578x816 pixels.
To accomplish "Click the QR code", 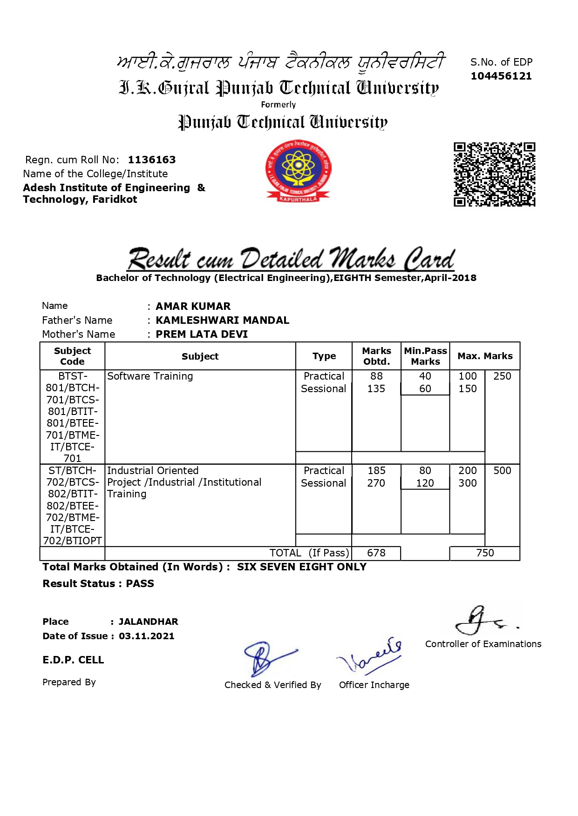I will tap(494, 174).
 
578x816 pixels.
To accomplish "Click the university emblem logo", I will tap(298, 171).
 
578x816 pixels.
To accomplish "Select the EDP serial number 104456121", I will tap(501, 76).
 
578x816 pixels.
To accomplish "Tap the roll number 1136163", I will tap(152, 160).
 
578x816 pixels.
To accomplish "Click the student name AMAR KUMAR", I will tap(193, 306).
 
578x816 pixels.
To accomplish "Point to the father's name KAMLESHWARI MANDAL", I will tap(222, 320).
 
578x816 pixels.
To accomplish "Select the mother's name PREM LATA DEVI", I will tap(202, 334).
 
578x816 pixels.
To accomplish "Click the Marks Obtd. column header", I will tap(376, 356).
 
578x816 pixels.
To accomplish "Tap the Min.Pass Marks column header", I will tap(425, 356).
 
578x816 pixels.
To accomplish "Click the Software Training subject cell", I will tap(150, 376).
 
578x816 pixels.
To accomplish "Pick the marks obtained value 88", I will tap(376, 376).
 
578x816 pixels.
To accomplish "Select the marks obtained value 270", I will tap(376, 483).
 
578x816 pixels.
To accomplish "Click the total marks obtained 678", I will tap(376, 553).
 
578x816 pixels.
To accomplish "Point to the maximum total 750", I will tap(485, 553).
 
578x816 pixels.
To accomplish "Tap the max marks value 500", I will tap(502, 471).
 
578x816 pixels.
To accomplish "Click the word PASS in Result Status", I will tap(140, 584).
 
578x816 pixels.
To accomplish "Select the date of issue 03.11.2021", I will tap(146, 636).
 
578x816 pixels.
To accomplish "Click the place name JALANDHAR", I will tap(148, 622).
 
